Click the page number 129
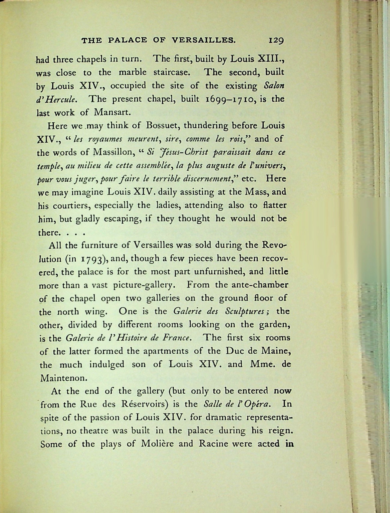[x=276, y=41]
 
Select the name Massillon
[x=112, y=152]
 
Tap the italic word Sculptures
[x=244, y=312]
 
